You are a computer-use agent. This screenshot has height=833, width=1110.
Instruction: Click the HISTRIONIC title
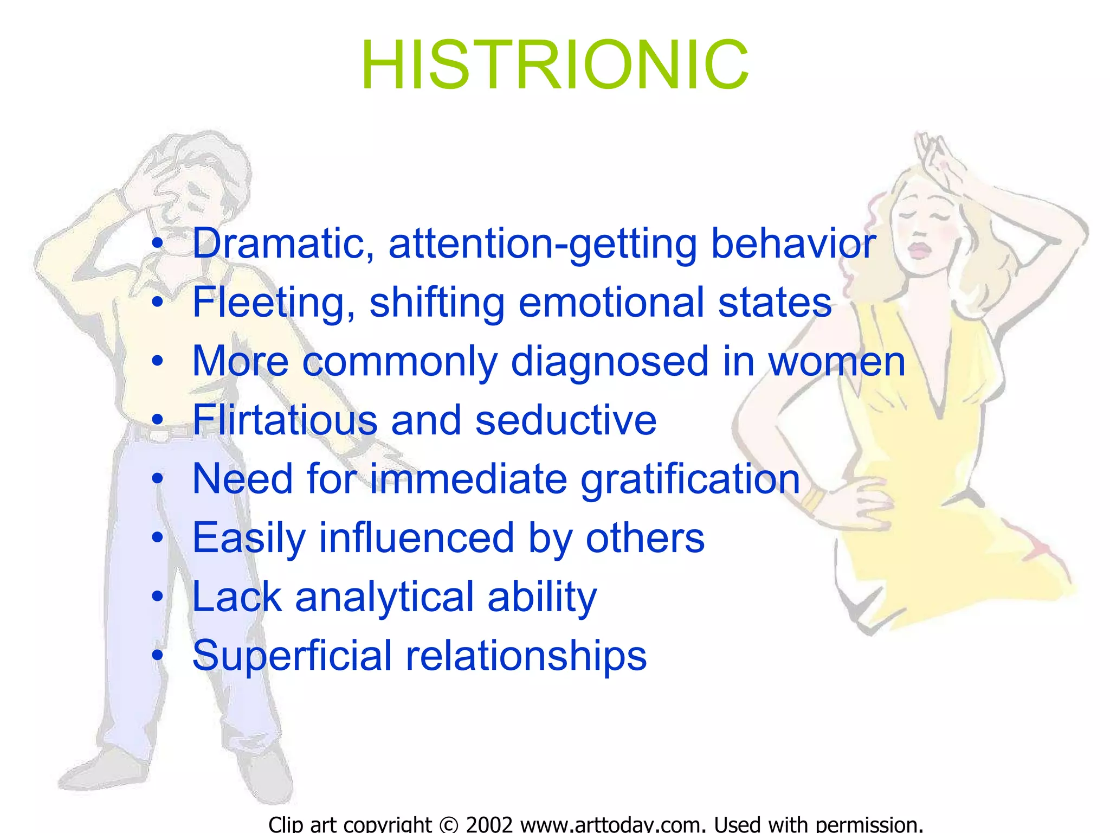(x=555, y=65)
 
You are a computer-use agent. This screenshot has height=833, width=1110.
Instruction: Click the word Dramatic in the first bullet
(x=283, y=244)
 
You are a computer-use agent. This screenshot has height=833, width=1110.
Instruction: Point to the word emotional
(x=612, y=303)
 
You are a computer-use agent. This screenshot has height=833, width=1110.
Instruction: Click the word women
(x=837, y=362)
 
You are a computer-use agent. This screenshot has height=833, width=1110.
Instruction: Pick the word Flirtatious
(x=285, y=420)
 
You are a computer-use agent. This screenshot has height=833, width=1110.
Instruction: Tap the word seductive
(x=566, y=420)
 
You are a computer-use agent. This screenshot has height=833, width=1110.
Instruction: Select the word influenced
(x=416, y=538)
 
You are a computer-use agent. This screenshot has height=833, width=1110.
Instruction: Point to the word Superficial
(x=292, y=656)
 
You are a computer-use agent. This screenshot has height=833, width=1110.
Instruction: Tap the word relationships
(x=526, y=656)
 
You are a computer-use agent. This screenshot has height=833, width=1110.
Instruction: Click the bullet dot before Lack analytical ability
(x=157, y=597)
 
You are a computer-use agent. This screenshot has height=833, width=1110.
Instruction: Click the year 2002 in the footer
(x=489, y=824)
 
